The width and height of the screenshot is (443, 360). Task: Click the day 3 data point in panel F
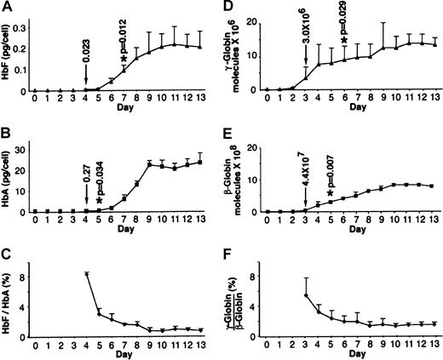pos(305,295)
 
